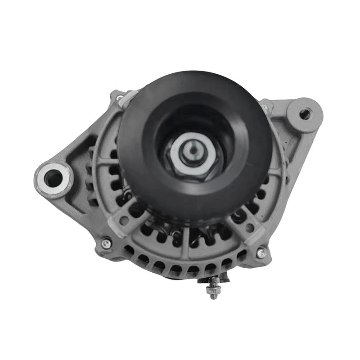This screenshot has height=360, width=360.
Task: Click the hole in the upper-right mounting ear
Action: pyautogui.click(x=305, y=114)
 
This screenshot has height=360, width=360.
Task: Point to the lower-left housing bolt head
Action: pyautogui.click(x=106, y=243)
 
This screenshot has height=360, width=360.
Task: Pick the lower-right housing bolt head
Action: pyautogui.click(x=261, y=253)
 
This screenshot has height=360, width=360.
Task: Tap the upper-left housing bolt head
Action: pyautogui.click(x=120, y=97)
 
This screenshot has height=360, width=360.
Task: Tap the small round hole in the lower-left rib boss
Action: pyautogui.click(x=124, y=220)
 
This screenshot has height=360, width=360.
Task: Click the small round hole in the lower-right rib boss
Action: pyautogui.click(x=250, y=228)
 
